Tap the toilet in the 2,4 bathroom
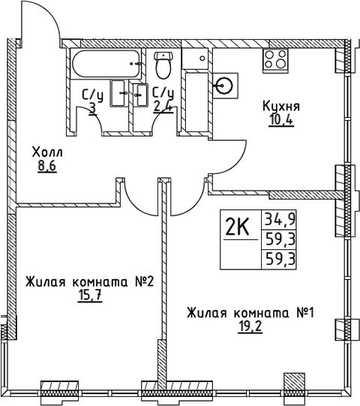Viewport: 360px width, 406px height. (163, 65)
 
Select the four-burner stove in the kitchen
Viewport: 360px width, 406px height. (275, 60)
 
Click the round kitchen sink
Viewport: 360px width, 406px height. (224, 85)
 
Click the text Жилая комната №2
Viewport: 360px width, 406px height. (88, 281)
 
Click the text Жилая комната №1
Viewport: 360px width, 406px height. (250, 312)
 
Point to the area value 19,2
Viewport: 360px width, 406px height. (250, 326)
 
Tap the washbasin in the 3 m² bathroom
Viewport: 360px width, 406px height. (120, 93)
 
